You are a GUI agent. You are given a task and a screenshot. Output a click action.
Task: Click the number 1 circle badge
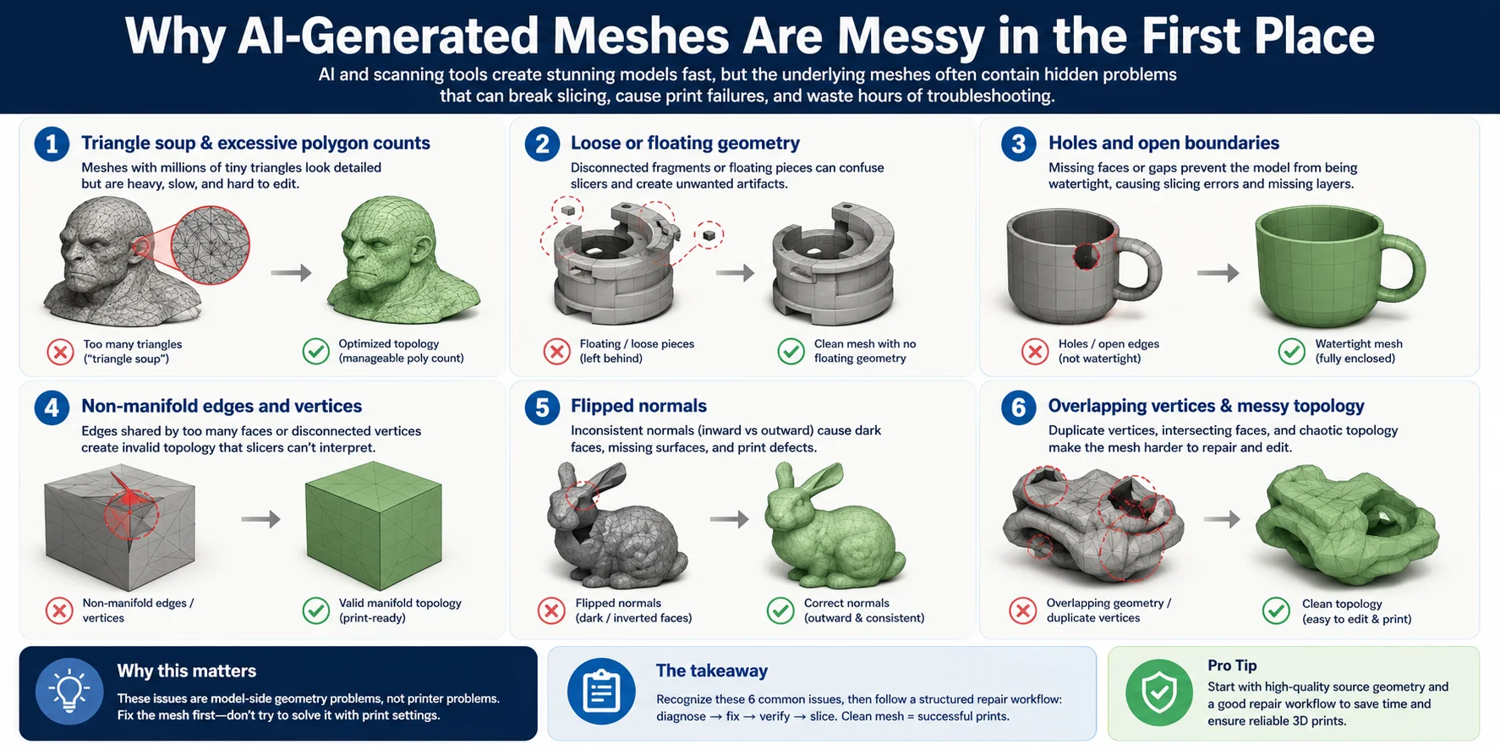coord(52,144)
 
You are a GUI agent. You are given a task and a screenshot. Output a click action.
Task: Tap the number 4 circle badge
coord(52,408)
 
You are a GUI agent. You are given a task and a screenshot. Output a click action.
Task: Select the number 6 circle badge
coord(1019,408)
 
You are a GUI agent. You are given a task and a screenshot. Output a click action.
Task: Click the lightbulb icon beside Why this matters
coord(69,692)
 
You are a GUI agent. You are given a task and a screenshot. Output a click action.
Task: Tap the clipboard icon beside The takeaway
coord(601,692)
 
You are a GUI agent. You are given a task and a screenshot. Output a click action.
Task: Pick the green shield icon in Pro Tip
coord(1159,693)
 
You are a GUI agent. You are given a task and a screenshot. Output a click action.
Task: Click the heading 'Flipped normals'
coord(638,406)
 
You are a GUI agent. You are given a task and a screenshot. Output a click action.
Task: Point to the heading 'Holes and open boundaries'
coord(1163,143)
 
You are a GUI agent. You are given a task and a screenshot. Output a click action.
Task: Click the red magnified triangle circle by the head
coord(211,245)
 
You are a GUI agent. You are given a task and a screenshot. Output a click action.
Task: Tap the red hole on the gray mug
coord(1087,256)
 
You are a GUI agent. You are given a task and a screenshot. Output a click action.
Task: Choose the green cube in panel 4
coord(374,525)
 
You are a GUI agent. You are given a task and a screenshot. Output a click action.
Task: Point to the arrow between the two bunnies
coord(729,519)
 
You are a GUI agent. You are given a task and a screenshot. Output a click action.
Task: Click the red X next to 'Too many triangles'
coord(60,351)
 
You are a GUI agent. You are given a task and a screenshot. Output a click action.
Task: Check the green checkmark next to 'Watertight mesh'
coord(1291,351)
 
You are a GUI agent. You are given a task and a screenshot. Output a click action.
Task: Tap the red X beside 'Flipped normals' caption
coord(551,610)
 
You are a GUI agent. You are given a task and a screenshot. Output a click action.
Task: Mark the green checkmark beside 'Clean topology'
coord(1276,610)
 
